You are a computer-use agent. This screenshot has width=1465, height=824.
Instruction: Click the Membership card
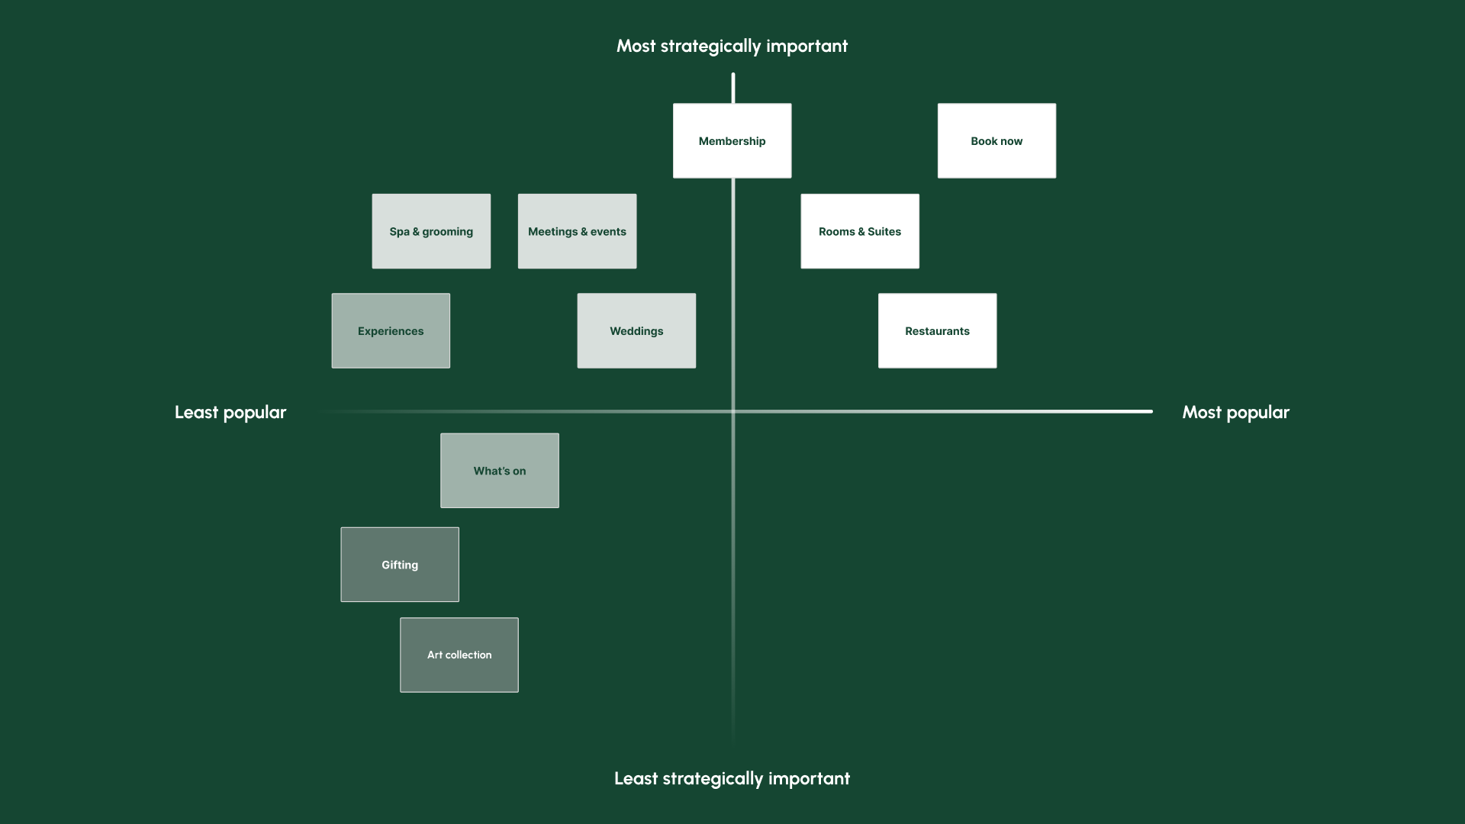tap(732, 141)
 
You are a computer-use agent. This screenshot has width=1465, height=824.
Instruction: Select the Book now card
tap(997, 141)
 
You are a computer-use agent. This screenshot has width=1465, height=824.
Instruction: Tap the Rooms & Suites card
tap(860, 231)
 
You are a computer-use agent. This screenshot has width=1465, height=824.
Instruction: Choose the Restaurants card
tap(937, 331)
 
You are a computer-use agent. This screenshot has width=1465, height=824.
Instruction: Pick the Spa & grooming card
tap(431, 231)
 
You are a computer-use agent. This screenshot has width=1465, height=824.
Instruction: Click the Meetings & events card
tap(577, 231)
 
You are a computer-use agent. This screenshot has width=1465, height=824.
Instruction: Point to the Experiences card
tap(391, 331)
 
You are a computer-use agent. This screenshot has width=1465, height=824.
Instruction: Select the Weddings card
tap(636, 331)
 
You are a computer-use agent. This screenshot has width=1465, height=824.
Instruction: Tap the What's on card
tap(500, 471)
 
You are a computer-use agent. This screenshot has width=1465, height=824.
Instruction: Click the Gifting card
tap(400, 565)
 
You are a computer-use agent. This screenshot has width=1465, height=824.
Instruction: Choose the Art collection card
tap(459, 655)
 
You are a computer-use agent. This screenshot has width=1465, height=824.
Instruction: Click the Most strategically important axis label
tap(732, 47)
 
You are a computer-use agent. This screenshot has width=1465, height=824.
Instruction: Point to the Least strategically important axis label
tap(732, 779)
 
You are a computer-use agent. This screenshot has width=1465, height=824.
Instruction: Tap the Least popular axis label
tap(230, 413)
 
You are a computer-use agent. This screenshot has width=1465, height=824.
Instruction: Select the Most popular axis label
tap(1235, 413)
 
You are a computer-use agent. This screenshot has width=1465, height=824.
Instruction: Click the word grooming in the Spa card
tap(447, 232)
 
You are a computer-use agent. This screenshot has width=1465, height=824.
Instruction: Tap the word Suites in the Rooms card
tap(884, 231)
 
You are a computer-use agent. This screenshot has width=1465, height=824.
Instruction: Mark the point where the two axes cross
tap(733, 411)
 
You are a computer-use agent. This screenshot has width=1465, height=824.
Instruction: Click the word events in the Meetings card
tap(608, 231)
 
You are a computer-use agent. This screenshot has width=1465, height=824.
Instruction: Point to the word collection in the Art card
tap(468, 655)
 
